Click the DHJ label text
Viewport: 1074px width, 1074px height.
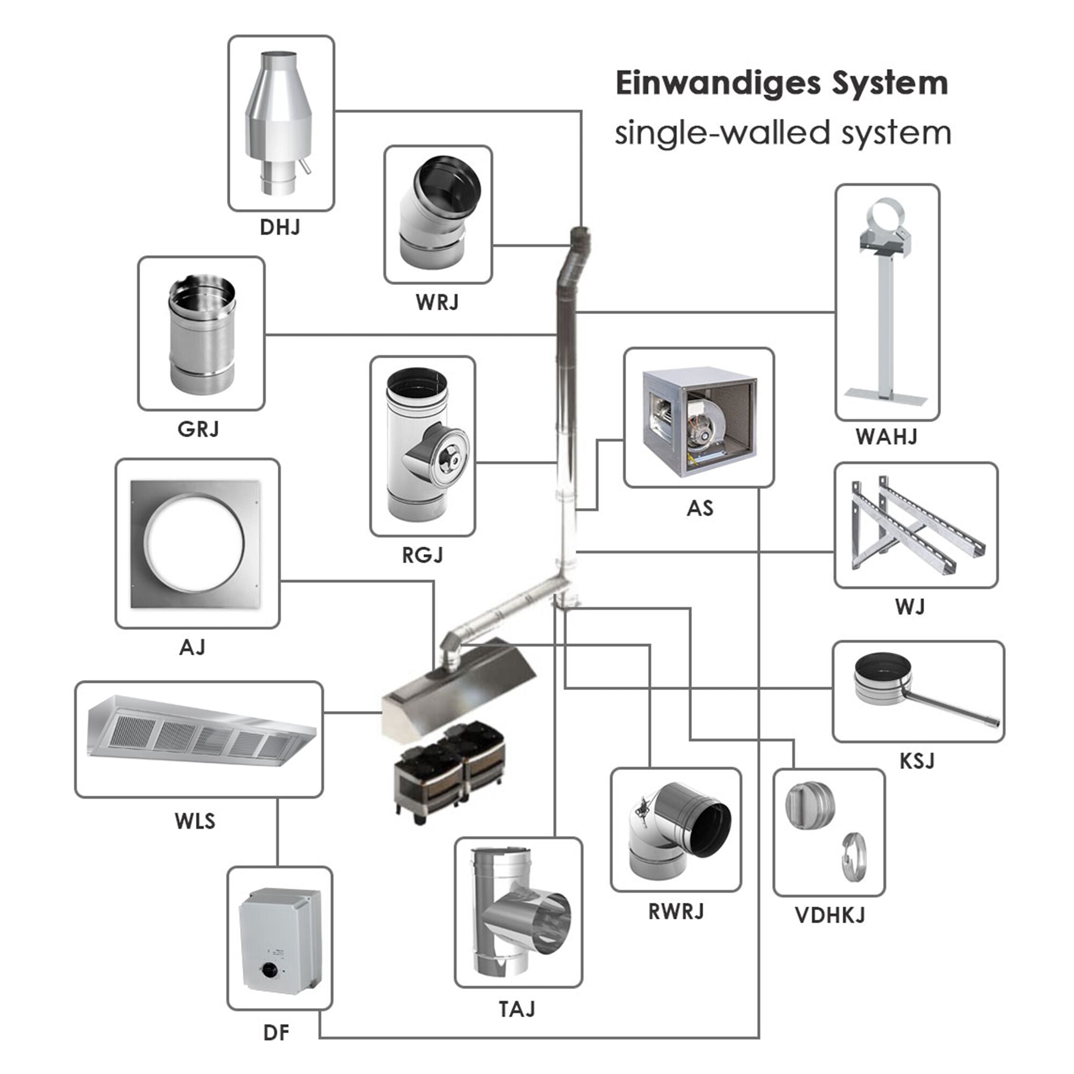280,227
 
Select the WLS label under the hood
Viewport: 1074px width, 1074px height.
194,821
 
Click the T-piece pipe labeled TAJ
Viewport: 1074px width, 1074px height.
517,912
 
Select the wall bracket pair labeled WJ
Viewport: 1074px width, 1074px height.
915,525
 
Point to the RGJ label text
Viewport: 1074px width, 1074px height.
423,555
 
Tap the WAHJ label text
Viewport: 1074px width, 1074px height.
886,437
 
